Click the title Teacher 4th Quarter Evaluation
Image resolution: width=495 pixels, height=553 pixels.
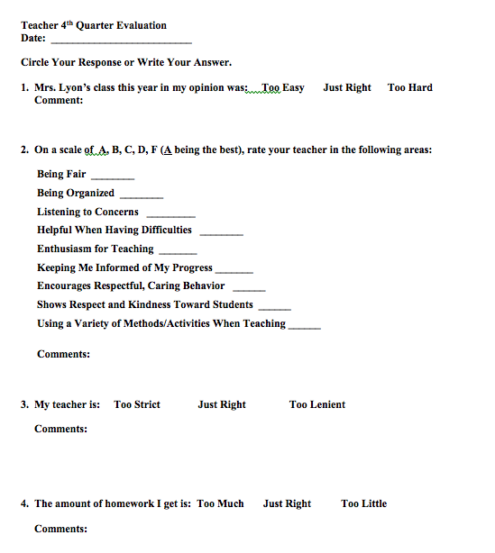point(94,26)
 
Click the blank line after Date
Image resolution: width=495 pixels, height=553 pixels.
point(122,41)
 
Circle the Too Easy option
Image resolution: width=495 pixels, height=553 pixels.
point(282,88)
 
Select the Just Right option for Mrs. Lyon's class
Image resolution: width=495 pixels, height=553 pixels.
point(347,88)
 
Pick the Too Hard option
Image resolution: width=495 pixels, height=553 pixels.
point(410,88)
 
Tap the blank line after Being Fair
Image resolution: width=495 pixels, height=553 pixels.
point(113,177)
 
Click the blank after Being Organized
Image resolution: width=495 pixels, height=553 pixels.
point(142,195)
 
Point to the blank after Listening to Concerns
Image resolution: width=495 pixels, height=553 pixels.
point(170,214)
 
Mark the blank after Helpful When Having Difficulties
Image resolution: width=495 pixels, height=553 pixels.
point(221,232)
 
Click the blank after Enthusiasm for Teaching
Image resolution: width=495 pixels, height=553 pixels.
point(178,251)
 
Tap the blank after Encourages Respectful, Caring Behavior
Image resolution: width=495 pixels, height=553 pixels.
point(249,288)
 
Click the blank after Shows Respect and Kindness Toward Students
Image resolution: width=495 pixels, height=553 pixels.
point(274,307)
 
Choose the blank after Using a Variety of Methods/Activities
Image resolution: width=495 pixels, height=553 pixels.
point(305,326)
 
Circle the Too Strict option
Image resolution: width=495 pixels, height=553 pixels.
point(137,405)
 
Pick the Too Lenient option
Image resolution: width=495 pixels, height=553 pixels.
point(317,405)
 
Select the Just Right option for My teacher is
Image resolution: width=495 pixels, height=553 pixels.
point(222,405)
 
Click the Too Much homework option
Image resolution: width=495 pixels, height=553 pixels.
point(221,504)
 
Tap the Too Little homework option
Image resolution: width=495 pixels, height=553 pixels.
point(364,504)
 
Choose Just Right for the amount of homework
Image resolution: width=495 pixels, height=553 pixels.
point(287,504)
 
